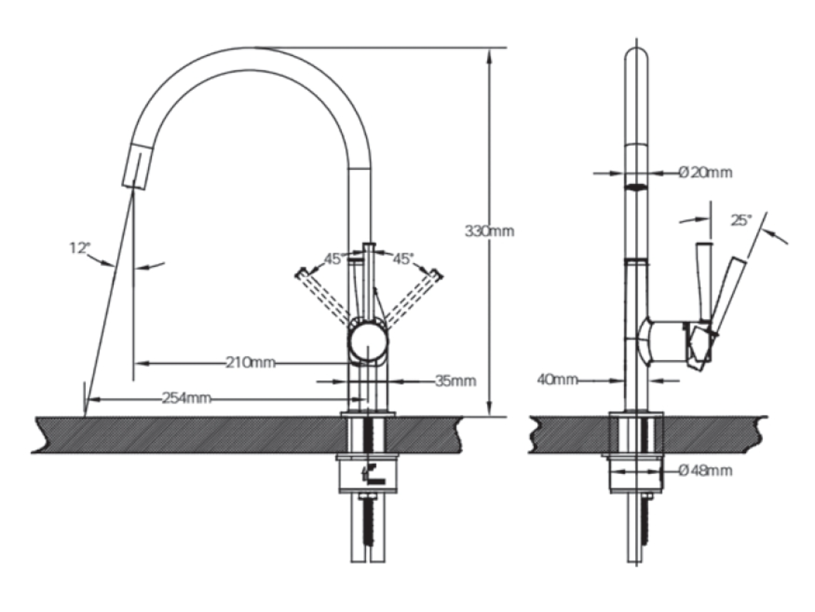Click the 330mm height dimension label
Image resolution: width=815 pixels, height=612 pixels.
tap(490, 232)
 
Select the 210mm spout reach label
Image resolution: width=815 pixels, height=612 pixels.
tap(251, 362)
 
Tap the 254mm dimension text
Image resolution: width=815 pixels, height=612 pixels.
tap(186, 399)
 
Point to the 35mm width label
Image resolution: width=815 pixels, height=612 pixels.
tap(455, 381)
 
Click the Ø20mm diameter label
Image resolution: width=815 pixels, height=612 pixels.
tap(705, 173)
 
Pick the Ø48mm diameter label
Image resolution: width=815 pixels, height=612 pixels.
tap(705, 471)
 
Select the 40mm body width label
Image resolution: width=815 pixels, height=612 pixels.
tap(557, 380)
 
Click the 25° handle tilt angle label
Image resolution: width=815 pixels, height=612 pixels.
tap(741, 220)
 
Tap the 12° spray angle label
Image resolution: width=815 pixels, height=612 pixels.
tap(80, 248)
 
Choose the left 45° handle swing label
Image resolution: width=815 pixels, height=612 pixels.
tap(334, 259)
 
